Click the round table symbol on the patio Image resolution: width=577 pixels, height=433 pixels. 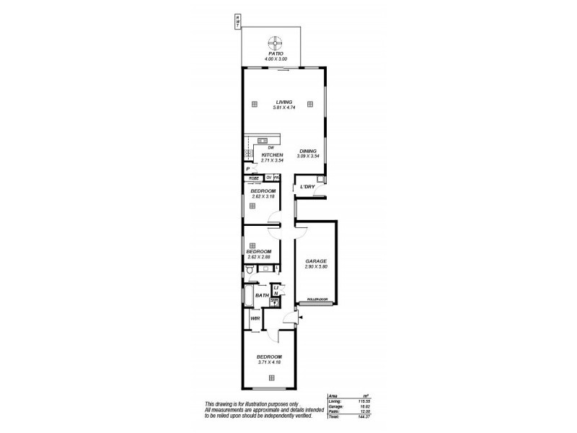click(274, 43)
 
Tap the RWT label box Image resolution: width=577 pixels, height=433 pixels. click(236, 22)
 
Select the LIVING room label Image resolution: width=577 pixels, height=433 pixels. click(283, 102)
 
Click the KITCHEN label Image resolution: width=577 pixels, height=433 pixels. click(272, 155)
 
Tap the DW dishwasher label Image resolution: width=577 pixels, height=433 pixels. click(270, 147)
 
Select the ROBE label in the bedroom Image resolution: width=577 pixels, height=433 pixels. click(254, 178)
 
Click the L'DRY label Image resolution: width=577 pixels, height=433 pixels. click(308, 188)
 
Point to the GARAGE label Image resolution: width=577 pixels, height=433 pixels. click(316, 261)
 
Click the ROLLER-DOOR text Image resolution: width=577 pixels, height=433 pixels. click(317, 299)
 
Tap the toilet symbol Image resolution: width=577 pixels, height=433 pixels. click(249, 271)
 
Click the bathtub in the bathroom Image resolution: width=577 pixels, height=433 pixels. click(247, 295)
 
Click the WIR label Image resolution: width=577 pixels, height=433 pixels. click(255, 318)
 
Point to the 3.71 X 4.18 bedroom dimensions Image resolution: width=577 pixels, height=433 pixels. click(269, 363)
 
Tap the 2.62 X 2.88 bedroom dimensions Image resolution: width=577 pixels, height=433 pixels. click(258, 257)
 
